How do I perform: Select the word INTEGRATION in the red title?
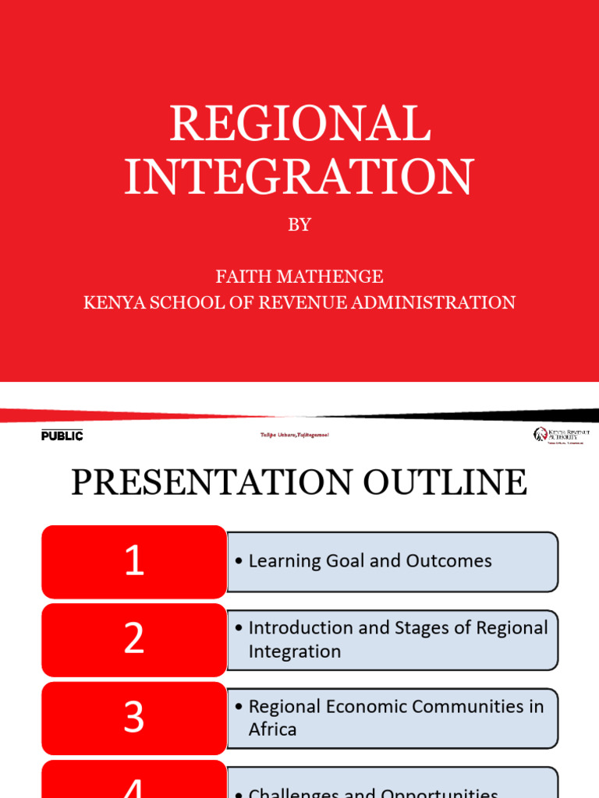(299, 177)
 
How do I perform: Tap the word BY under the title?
(299, 225)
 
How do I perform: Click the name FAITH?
(241, 277)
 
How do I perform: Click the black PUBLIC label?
(62, 436)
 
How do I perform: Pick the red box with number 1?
(134, 561)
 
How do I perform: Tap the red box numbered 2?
(134, 639)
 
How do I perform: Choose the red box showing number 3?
(134, 717)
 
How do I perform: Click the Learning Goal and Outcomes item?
(370, 561)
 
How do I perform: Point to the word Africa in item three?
(272, 730)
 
